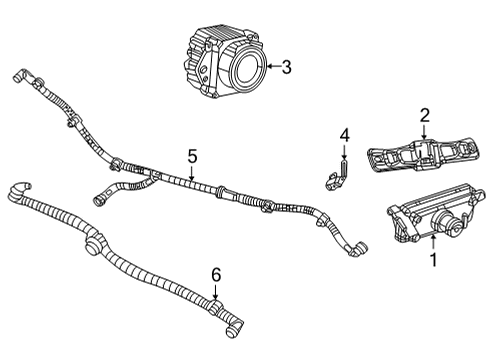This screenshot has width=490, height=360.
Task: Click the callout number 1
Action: [x=433, y=262]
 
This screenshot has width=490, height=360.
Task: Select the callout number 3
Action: [x=286, y=68]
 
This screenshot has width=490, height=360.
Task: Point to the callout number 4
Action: [x=344, y=134]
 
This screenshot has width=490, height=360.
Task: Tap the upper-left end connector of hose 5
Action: [x=17, y=74]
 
